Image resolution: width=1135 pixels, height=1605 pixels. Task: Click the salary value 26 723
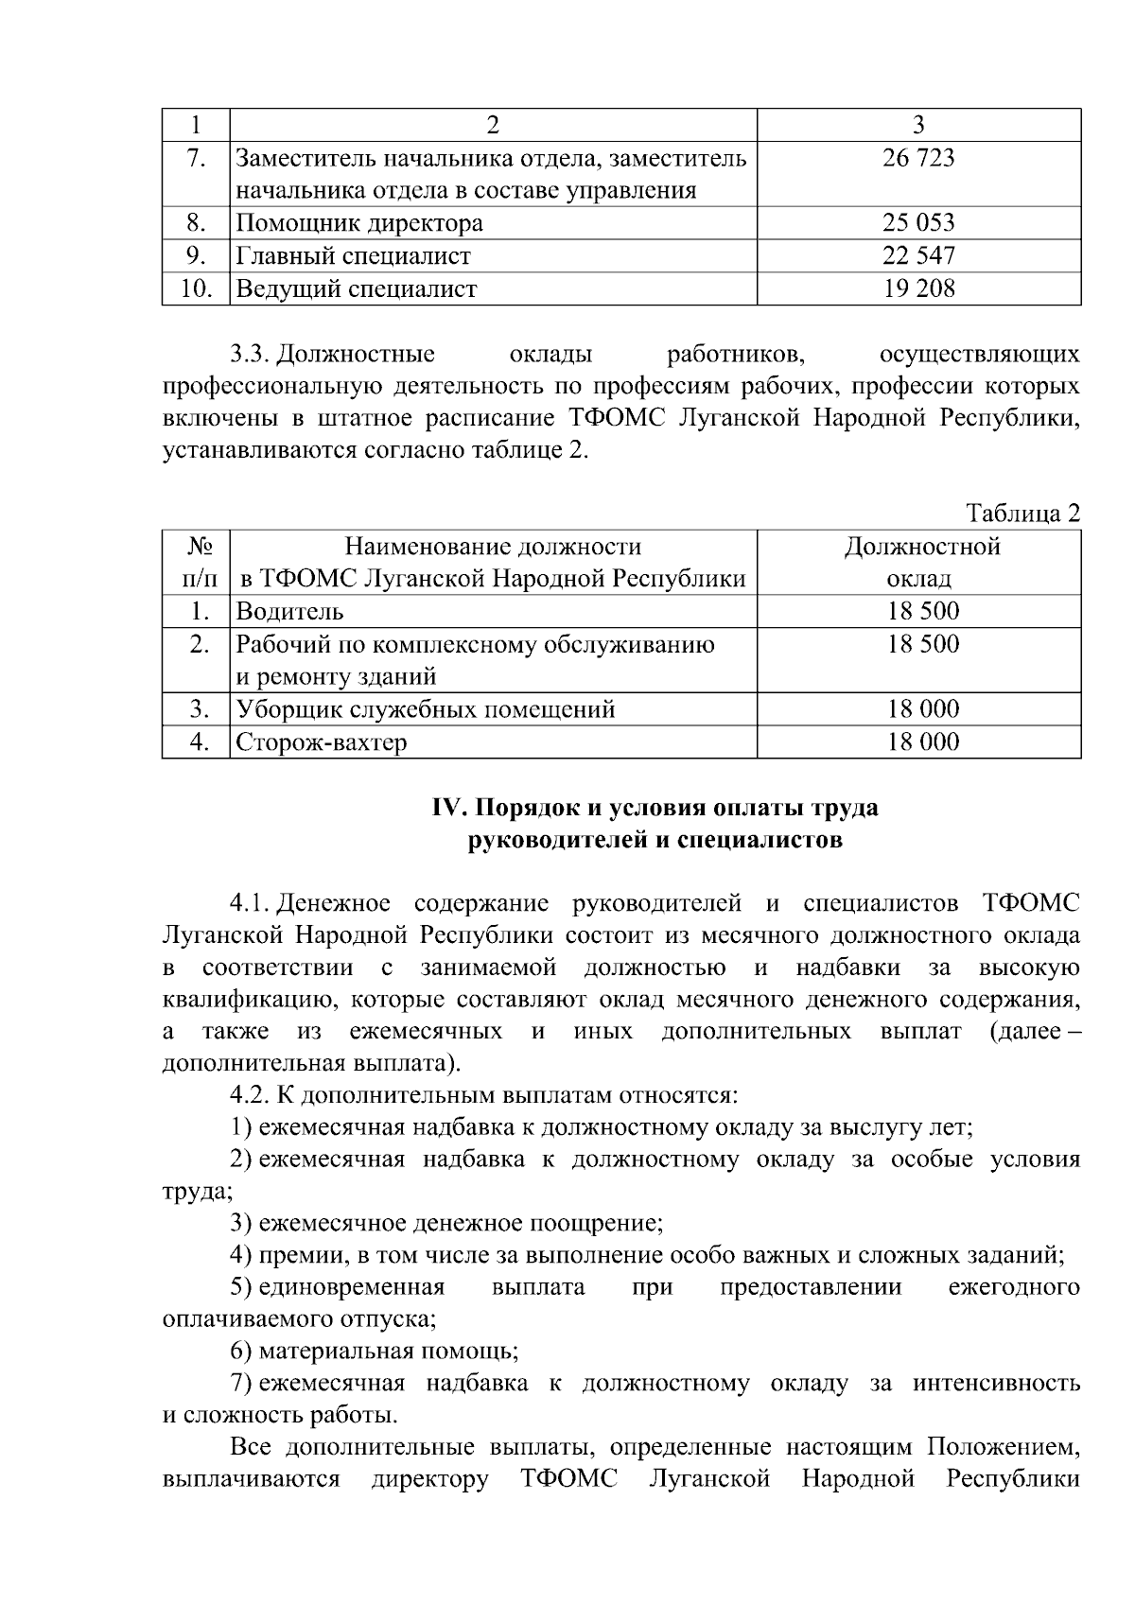point(918,158)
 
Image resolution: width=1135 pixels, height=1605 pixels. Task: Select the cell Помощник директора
point(359,223)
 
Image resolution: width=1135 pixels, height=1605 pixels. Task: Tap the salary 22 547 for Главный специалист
point(918,255)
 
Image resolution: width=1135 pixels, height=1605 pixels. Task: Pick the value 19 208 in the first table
point(918,288)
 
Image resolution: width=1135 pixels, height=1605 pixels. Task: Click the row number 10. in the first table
point(196,288)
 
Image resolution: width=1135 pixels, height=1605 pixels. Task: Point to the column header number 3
point(918,125)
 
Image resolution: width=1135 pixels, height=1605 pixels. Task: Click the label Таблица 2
point(1022,514)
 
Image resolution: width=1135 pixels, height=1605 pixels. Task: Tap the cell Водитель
point(289,612)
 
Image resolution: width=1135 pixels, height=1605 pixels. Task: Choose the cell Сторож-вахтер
point(322,742)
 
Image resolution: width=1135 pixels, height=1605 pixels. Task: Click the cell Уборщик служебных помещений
point(426,709)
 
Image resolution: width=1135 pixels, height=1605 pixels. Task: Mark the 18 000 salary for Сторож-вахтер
point(922,742)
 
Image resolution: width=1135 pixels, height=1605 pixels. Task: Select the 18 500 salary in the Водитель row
point(922,612)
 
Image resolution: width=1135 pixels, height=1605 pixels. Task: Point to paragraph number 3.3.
point(252,355)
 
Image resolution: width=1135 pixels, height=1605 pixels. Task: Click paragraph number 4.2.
point(250,1096)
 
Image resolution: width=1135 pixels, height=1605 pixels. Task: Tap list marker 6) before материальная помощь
point(241,1352)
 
